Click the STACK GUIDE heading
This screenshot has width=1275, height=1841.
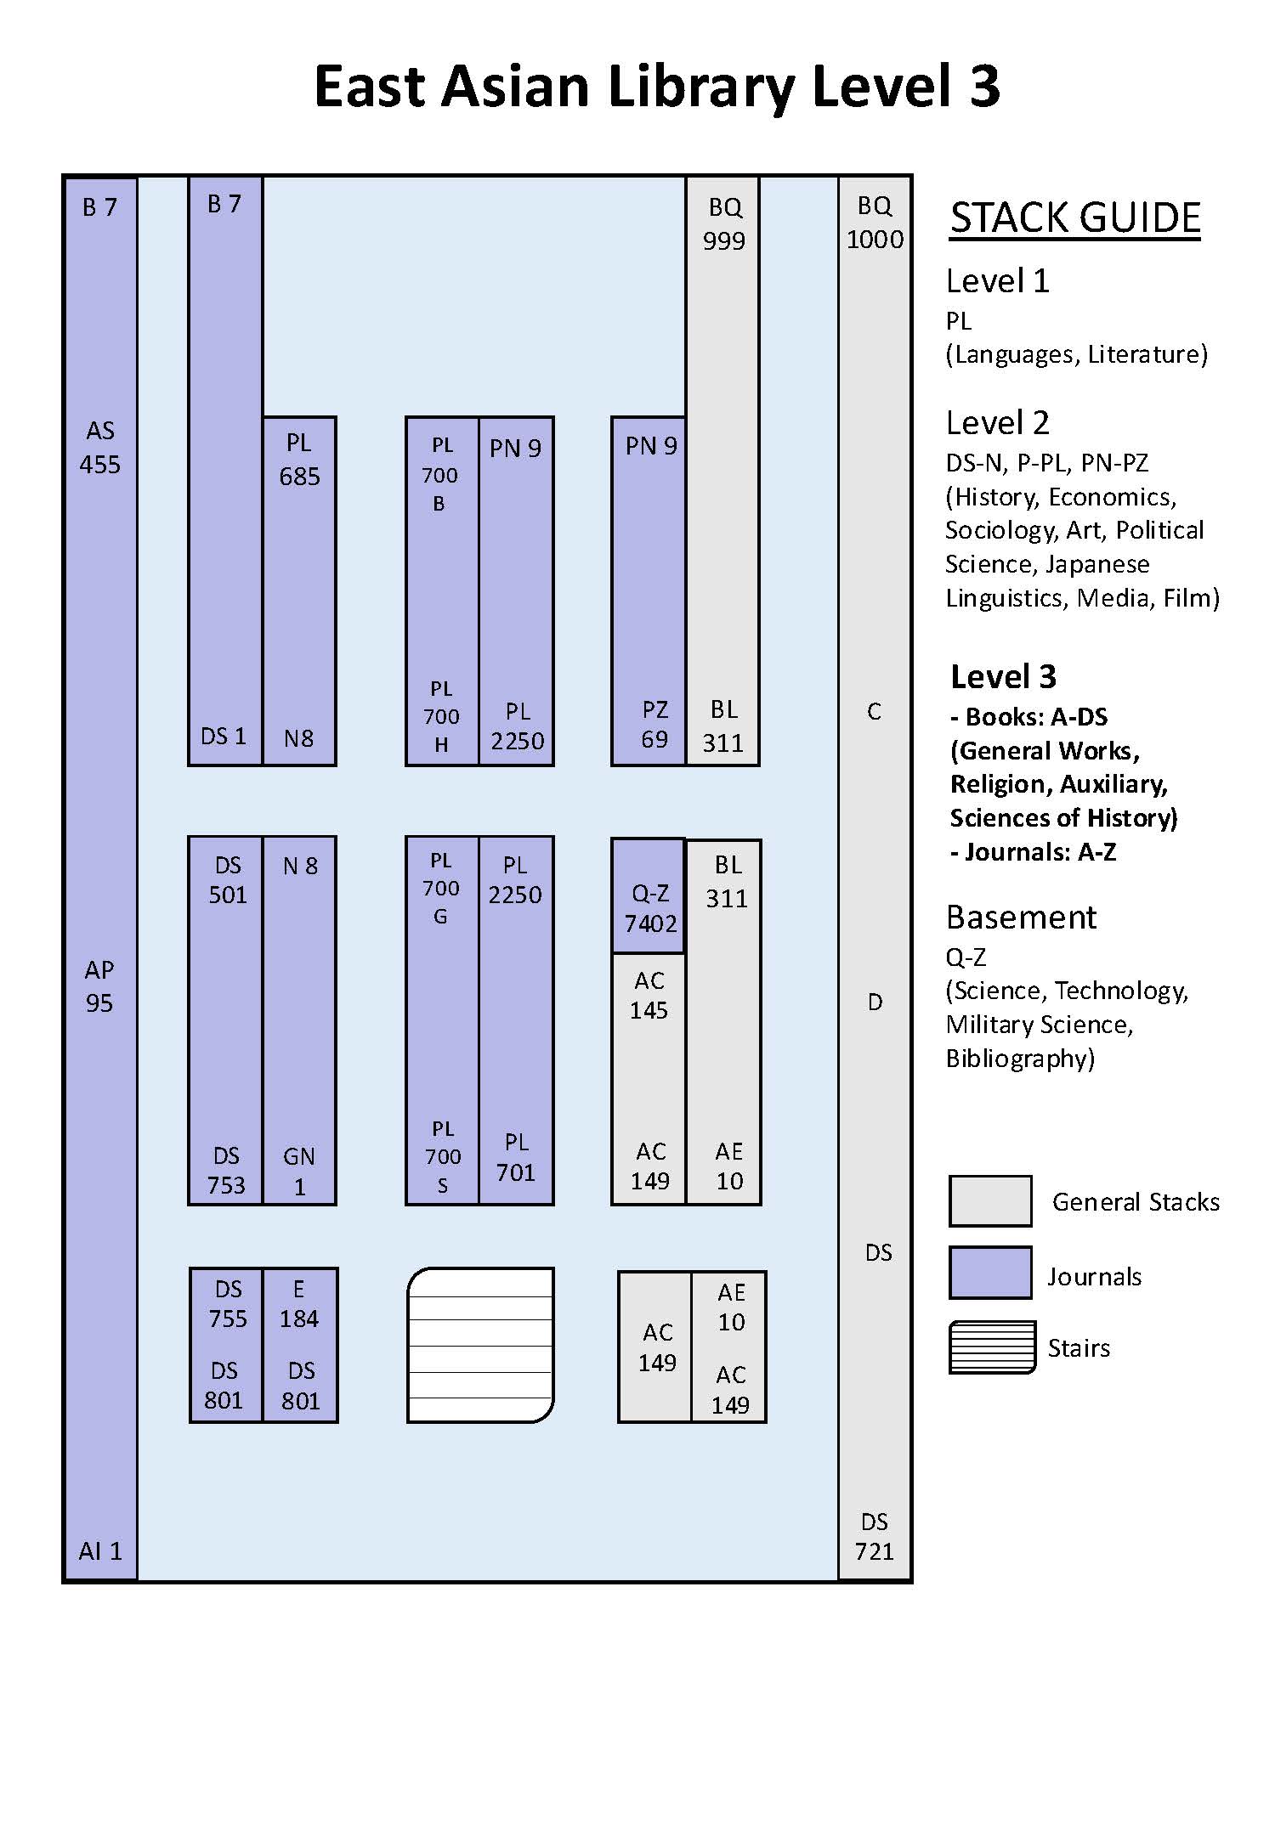pyautogui.click(x=1074, y=218)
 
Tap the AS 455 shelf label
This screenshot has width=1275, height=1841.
pyautogui.click(x=99, y=448)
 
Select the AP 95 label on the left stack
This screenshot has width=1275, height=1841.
pyautogui.click(x=99, y=986)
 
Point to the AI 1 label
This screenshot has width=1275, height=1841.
pyautogui.click(x=100, y=1551)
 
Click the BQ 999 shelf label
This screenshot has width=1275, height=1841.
pyautogui.click(x=724, y=224)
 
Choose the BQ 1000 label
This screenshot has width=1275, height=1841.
pyautogui.click(x=875, y=223)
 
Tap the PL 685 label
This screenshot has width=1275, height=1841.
pyautogui.click(x=299, y=460)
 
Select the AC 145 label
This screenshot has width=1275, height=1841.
pyautogui.click(x=649, y=996)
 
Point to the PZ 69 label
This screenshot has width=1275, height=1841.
pyautogui.click(x=654, y=725)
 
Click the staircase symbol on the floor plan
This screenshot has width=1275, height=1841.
pyautogui.click(x=480, y=1345)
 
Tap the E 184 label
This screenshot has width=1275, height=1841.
pyautogui.click(x=299, y=1304)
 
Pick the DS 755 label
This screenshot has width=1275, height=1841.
pyautogui.click(x=228, y=1304)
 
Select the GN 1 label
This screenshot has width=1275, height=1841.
pyautogui.click(x=299, y=1172)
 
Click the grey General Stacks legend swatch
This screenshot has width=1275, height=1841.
pyautogui.click(x=990, y=1201)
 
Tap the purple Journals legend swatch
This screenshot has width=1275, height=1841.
pyautogui.click(x=990, y=1273)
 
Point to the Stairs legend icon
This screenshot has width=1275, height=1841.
pyautogui.click(x=992, y=1347)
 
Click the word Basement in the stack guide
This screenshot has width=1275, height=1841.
pyautogui.click(x=1021, y=918)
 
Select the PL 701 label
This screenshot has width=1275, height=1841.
pyautogui.click(x=516, y=1157)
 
